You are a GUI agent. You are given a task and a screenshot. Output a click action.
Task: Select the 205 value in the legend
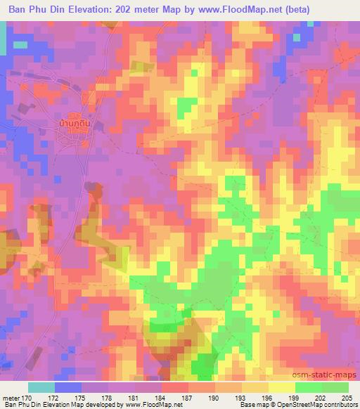347,397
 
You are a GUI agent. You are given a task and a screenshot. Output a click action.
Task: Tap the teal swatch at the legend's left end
41,387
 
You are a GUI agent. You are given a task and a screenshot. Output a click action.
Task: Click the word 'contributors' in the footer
340,405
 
